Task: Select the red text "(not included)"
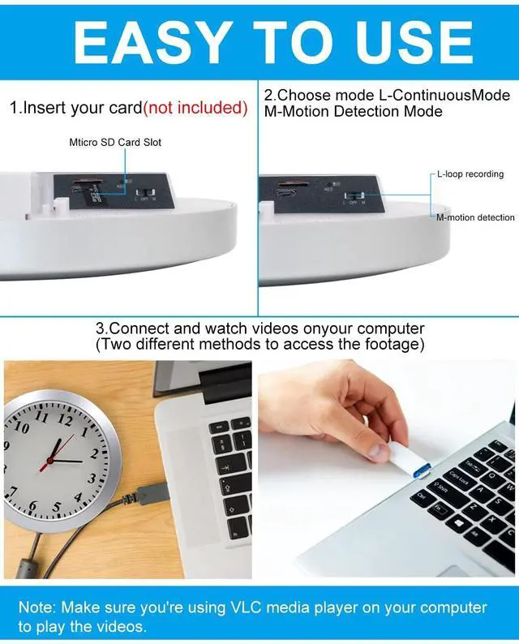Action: point(195,108)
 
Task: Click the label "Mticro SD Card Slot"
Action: point(115,143)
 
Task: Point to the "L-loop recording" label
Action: point(470,174)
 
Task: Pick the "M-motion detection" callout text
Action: point(475,217)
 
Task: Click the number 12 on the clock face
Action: point(65,419)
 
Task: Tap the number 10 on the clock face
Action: point(22,427)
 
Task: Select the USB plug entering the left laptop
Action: point(151,492)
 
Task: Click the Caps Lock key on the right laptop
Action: point(460,478)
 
